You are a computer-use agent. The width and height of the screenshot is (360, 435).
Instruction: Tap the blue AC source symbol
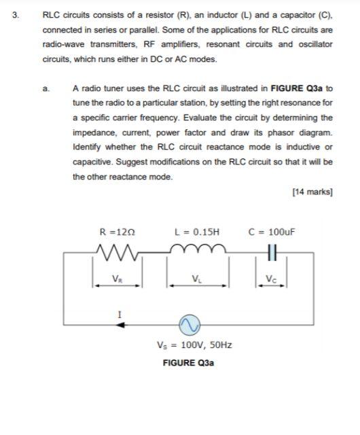pyautogui.click(x=190, y=325)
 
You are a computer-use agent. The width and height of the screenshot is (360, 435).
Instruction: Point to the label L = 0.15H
pyautogui.click(x=197, y=230)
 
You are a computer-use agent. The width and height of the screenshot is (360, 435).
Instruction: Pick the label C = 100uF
pyautogui.click(x=273, y=230)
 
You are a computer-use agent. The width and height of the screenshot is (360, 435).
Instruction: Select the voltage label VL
pyautogui.click(x=197, y=278)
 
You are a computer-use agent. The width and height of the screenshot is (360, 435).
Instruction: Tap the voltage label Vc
pyautogui.click(x=272, y=278)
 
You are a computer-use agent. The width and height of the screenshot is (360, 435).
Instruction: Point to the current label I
pyautogui.click(x=120, y=313)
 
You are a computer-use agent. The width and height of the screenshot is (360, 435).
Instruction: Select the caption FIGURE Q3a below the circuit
pyautogui.click(x=189, y=363)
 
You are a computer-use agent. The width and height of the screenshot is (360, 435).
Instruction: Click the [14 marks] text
pyautogui.click(x=312, y=192)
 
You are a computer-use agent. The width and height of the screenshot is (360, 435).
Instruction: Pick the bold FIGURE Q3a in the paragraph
pyautogui.click(x=298, y=88)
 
